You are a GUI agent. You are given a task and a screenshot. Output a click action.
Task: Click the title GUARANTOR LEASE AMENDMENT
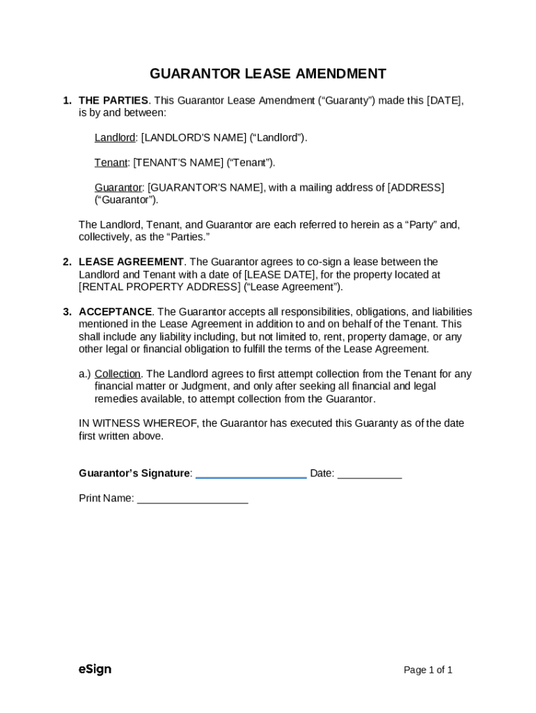pyautogui.click(x=268, y=74)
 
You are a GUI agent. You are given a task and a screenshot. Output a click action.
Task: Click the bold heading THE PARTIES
pyautogui.click(x=113, y=100)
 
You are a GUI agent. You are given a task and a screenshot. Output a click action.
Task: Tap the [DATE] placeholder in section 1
pyautogui.click(x=444, y=100)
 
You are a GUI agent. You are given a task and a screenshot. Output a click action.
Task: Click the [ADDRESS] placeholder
pyautogui.click(x=416, y=188)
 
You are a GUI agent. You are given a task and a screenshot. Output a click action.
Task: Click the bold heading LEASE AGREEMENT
pyautogui.click(x=131, y=262)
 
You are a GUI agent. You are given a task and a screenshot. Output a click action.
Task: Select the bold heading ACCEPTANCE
pyautogui.click(x=116, y=312)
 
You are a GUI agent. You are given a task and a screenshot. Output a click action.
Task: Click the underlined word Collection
pyautogui.click(x=118, y=374)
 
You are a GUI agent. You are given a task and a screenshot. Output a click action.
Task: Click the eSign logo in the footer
pyautogui.click(x=95, y=670)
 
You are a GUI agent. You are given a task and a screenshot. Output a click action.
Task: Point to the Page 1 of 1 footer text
pyautogui.click(x=428, y=671)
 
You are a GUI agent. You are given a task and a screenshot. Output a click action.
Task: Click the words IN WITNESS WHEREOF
pyautogui.click(x=138, y=423)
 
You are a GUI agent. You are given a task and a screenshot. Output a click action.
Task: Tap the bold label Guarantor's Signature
pyautogui.click(x=134, y=473)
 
